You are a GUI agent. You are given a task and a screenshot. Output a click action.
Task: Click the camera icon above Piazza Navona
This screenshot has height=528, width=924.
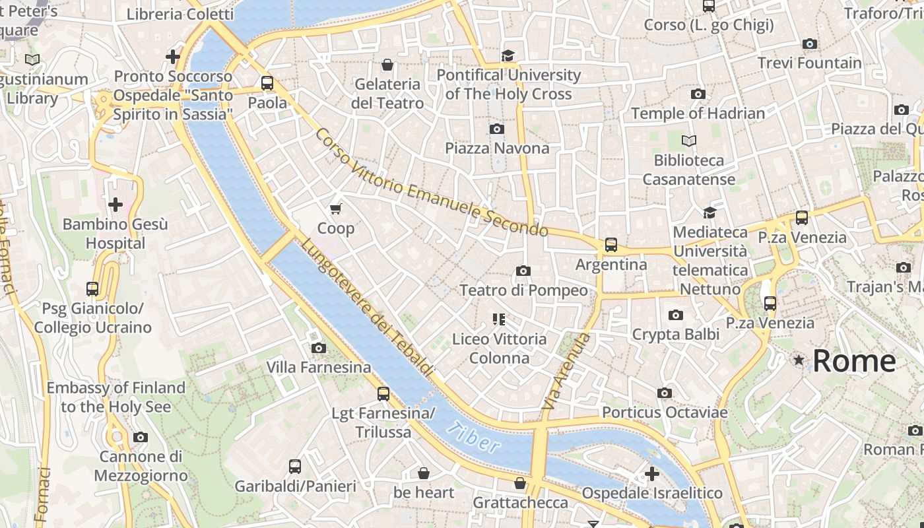(497, 129)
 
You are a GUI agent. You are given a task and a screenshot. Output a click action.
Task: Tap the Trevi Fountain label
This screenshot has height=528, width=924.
(809, 63)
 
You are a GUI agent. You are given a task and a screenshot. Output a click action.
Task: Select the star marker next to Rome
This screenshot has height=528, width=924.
(799, 360)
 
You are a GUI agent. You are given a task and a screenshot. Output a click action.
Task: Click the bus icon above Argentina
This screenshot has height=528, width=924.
(611, 245)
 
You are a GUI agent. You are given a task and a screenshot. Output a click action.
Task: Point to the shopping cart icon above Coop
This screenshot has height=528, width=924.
(336, 209)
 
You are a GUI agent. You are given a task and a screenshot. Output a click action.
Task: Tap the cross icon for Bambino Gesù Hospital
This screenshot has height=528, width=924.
(115, 205)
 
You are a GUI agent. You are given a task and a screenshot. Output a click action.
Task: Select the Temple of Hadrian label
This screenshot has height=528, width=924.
(698, 114)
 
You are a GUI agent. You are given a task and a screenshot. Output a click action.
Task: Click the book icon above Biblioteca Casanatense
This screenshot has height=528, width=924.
(689, 141)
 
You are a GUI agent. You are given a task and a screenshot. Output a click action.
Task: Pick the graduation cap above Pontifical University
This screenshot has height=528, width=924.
(508, 55)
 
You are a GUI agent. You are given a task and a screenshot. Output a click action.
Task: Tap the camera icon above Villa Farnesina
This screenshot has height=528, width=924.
(319, 348)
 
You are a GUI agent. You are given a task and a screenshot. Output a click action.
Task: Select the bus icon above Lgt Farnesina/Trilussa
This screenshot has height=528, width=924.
(383, 394)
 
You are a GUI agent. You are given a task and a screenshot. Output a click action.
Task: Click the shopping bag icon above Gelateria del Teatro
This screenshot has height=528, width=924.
(387, 65)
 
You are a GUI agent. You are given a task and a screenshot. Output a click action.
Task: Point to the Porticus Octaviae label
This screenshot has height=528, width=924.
(665, 412)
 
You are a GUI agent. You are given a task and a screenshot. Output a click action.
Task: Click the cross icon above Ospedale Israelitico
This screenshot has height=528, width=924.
(652, 474)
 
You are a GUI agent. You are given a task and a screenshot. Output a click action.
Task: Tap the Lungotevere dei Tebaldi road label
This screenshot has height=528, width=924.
(367, 308)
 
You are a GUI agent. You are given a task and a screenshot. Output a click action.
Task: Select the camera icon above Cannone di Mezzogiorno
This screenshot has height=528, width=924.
(141, 437)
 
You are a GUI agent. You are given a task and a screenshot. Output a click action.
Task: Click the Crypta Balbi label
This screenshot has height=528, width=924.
(676, 335)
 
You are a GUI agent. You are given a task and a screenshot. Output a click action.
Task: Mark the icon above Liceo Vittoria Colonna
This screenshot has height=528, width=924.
(499, 319)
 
